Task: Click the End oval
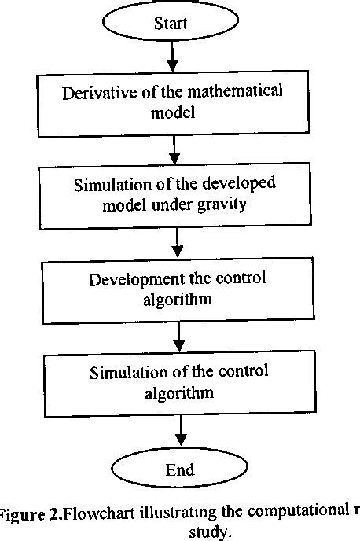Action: tap(180, 469)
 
